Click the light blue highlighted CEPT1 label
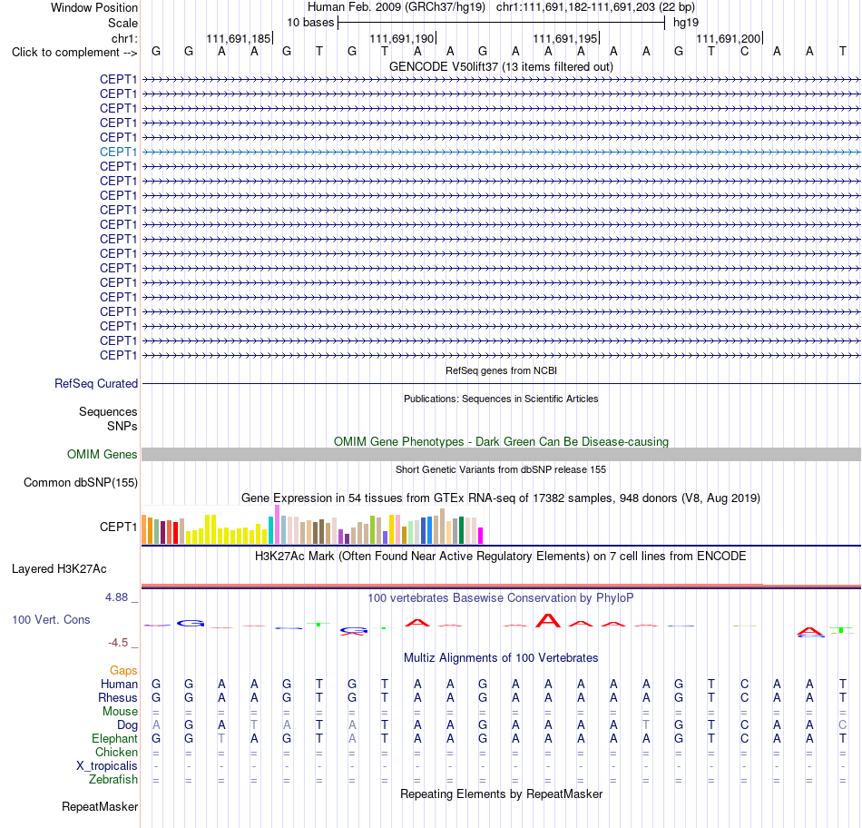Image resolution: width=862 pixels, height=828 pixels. click(x=118, y=152)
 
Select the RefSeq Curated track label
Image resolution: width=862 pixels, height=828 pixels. click(x=96, y=383)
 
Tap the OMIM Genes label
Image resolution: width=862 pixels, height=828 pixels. click(x=103, y=455)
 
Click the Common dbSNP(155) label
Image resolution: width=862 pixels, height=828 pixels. click(x=81, y=482)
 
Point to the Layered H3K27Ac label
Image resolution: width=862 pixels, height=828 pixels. click(x=59, y=569)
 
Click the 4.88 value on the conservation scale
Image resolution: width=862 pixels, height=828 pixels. click(x=116, y=597)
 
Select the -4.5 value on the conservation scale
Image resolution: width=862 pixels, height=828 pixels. click(x=118, y=643)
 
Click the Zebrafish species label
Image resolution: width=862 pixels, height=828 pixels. click(x=113, y=780)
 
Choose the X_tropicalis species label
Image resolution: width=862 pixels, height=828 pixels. click(x=107, y=766)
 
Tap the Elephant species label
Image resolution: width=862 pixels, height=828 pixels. click(x=114, y=738)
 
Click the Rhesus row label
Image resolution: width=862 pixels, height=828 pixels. click(x=118, y=697)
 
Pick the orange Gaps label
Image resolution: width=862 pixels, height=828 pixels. click(x=123, y=670)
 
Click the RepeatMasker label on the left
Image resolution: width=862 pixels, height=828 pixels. click(x=100, y=806)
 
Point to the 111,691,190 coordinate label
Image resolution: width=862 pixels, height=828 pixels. click(x=402, y=38)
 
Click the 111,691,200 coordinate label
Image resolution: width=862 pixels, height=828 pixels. click(x=729, y=38)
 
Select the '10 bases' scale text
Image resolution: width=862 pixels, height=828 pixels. click(x=310, y=23)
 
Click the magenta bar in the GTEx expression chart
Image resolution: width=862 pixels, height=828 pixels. click(x=481, y=536)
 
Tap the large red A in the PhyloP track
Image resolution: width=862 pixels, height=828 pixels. click(x=548, y=621)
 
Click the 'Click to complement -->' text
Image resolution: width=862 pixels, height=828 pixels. click(x=74, y=53)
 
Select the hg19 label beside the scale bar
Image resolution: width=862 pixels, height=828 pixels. click(x=686, y=23)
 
